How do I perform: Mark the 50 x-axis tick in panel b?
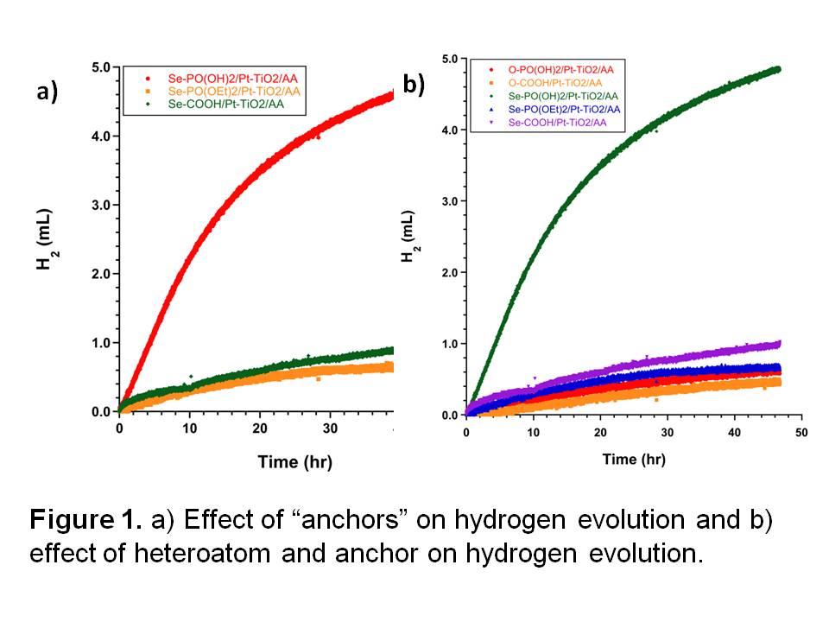click(801, 432)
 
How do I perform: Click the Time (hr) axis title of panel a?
click(294, 461)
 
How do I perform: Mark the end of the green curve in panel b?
click(777, 69)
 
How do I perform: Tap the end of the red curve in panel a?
click(391, 94)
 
